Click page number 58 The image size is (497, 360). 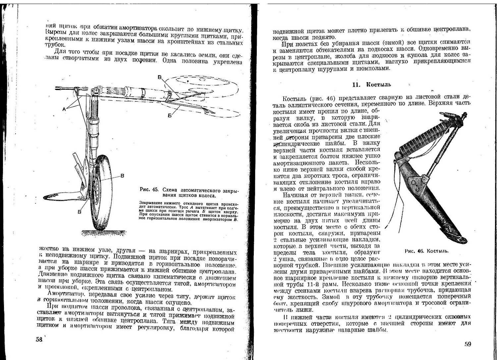[39, 340]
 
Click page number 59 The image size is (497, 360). [468, 344]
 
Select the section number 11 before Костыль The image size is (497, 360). [356, 84]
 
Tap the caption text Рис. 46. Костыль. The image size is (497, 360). [427, 251]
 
